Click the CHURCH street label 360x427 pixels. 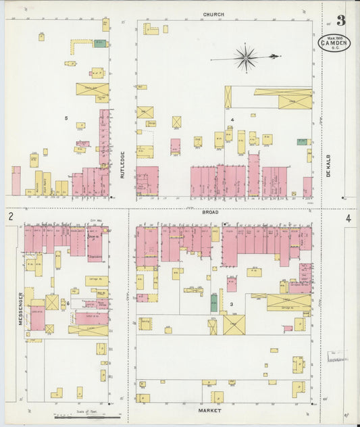(x=213, y=14)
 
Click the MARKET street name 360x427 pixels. (x=209, y=410)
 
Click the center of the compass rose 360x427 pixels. (x=245, y=58)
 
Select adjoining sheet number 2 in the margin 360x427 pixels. (x=11, y=217)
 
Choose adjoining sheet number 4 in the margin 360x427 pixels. (x=348, y=219)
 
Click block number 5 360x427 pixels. (x=66, y=119)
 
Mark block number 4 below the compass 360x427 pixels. (x=232, y=120)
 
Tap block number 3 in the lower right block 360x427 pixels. (x=231, y=305)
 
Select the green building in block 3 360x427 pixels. (x=213, y=302)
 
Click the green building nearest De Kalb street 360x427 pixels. (x=302, y=143)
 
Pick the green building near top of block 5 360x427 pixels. (x=100, y=45)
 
